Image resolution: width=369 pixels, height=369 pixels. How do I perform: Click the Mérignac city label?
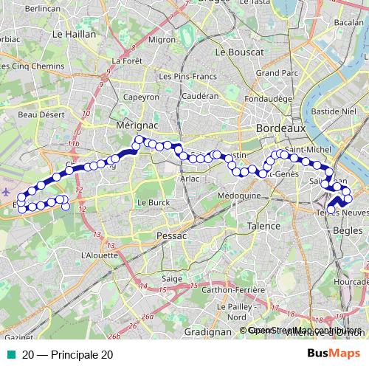coord(133,127)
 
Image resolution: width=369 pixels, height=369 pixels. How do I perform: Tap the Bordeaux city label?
coord(280,128)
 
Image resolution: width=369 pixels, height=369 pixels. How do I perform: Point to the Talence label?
coord(263,227)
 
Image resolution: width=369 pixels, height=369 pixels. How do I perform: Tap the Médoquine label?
coord(240,196)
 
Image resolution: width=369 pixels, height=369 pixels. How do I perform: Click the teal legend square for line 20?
coord(9,354)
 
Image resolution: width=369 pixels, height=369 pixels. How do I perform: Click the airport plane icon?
coord(7,190)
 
